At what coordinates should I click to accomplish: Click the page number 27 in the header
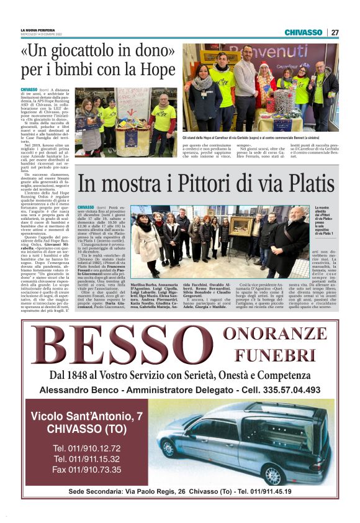[335, 32]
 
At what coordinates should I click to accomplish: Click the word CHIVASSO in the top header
[304, 32]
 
